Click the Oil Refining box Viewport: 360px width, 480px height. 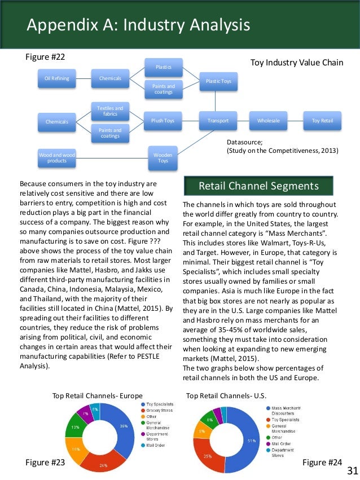pos(57,78)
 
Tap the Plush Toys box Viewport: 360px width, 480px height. pos(163,120)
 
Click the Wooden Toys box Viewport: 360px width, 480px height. pos(163,157)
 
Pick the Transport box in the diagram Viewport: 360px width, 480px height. pos(218,120)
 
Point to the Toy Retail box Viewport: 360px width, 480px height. pos(322,120)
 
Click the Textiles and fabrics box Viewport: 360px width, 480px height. pos(110,111)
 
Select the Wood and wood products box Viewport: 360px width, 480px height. pos(57,157)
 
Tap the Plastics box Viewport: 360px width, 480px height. pos(164,68)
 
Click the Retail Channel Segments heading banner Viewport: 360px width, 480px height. pos(259,186)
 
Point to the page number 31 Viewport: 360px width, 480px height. pos(352,470)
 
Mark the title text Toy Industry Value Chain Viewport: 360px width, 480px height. pos(296,63)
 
